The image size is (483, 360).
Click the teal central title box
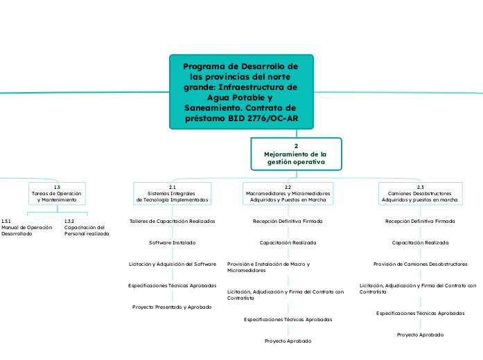241,92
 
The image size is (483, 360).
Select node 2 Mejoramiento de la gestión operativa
296,154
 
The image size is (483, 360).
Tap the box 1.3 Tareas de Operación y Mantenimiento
57,193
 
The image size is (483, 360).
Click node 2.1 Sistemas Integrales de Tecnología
172,193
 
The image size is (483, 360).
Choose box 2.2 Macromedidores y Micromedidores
288,193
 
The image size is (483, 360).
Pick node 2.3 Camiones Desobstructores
419,193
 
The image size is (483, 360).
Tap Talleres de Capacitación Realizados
172,221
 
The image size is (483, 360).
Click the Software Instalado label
172,243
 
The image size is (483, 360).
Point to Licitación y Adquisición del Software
172,264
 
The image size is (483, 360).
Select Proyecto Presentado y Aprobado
172,307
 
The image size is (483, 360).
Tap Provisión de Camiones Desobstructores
420,264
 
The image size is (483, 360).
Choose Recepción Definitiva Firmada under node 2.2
288,221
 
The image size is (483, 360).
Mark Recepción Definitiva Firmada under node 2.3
420,221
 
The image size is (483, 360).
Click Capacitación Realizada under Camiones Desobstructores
420,243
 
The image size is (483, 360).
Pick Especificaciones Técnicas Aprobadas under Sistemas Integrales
172,285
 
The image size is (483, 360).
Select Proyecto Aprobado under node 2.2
288,341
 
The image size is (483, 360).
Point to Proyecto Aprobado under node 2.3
420,334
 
